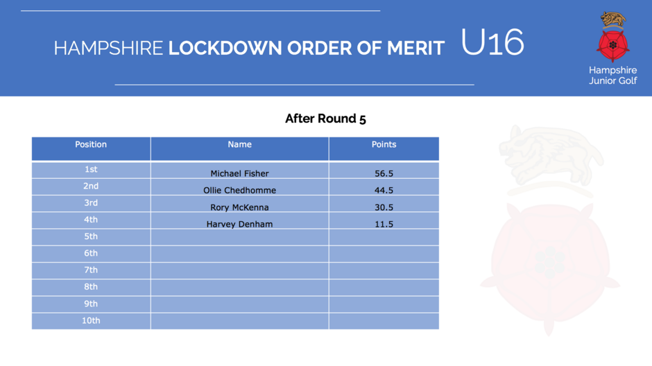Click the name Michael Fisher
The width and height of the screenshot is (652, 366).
(x=239, y=174)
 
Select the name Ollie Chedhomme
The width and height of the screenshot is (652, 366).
(x=239, y=190)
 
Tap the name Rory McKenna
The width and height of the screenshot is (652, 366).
(x=239, y=207)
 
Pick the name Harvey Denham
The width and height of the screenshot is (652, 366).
(x=239, y=225)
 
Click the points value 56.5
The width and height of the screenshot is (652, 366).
(x=384, y=174)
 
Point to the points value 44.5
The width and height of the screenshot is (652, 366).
(x=384, y=190)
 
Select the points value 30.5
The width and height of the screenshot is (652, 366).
(x=384, y=207)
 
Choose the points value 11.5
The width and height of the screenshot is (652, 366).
(x=384, y=225)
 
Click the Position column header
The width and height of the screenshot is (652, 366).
(x=91, y=145)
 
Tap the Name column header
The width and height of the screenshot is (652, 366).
(x=239, y=145)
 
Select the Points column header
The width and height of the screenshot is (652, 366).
(x=384, y=145)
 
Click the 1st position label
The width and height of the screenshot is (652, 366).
(x=91, y=170)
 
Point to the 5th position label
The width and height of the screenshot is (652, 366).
(x=91, y=236)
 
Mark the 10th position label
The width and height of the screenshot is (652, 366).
(x=91, y=321)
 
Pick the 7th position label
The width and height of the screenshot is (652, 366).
(x=91, y=270)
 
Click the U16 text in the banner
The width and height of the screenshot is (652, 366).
(x=492, y=42)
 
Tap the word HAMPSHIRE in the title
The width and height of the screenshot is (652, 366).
(x=108, y=49)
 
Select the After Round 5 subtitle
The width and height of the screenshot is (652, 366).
(x=325, y=119)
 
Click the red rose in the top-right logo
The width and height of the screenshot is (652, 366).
(x=613, y=45)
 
